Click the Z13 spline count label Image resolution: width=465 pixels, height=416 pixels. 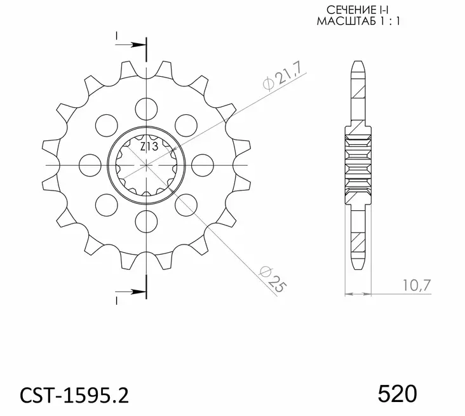tap(149, 147)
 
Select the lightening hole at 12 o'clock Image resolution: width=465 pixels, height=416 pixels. tap(147, 107)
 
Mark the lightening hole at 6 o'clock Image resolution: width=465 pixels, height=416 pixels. tap(145, 220)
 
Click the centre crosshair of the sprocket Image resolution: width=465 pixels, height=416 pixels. tap(147, 164)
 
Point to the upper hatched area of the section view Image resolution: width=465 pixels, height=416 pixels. tap(359, 95)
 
